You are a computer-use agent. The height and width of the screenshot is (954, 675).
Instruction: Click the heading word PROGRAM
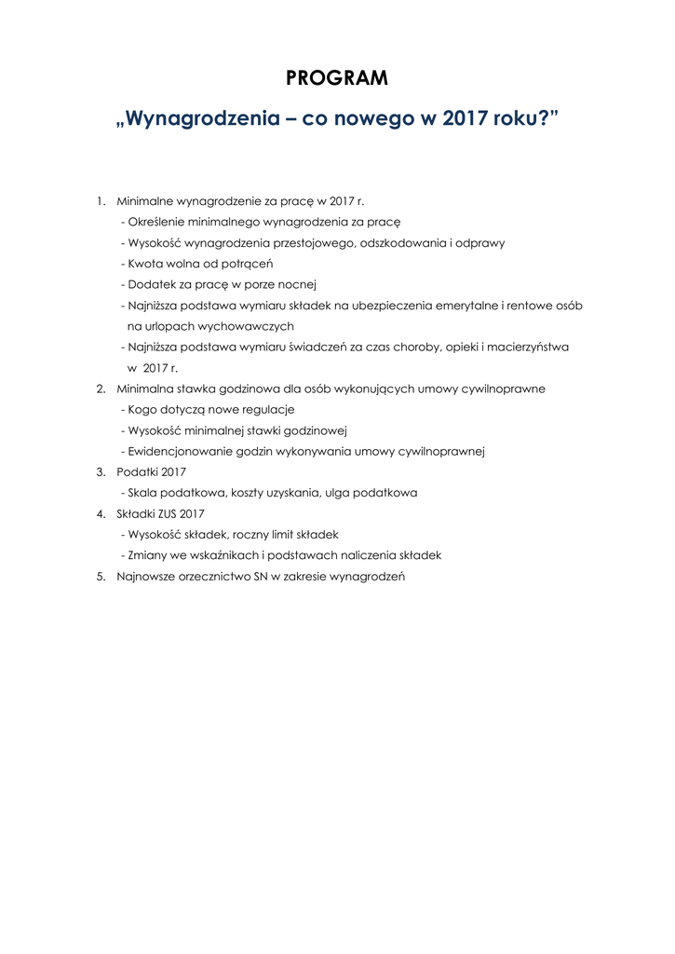337,79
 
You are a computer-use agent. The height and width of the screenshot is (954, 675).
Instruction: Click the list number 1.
99,201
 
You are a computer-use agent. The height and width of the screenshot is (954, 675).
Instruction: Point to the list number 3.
99,472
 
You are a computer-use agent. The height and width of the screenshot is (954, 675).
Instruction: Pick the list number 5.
99,576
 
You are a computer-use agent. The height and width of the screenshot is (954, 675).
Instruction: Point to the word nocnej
299,284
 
